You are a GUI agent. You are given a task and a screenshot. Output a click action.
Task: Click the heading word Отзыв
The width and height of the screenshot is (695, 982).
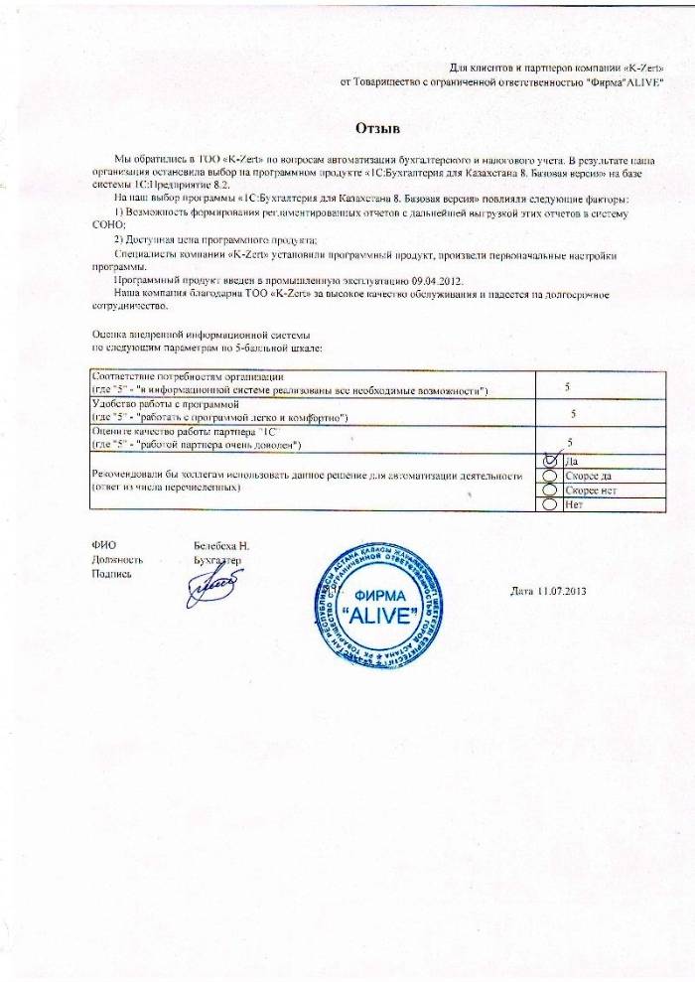[377, 128]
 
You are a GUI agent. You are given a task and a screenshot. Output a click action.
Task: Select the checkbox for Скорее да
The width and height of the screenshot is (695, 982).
[552, 477]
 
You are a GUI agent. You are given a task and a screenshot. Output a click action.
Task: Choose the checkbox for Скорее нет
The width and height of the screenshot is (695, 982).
[552, 491]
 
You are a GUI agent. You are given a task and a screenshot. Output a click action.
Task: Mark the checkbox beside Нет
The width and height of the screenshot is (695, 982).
[552, 505]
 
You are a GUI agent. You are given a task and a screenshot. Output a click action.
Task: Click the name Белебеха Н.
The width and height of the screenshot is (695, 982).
[221, 546]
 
